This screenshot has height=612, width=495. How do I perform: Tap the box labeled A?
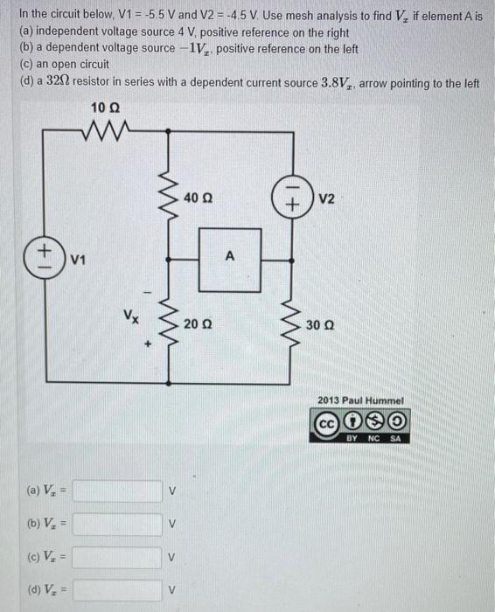tap(230, 259)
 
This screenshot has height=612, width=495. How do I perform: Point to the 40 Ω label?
tap(199, 198)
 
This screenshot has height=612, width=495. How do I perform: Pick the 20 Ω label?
tap(199, 324)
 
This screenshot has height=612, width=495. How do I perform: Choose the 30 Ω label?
tap(321, 324)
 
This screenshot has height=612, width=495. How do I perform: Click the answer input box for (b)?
tap(117, 525)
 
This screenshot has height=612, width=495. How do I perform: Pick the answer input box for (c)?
tap(117, 558)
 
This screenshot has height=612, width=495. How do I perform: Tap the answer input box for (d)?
tap(117, 591)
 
